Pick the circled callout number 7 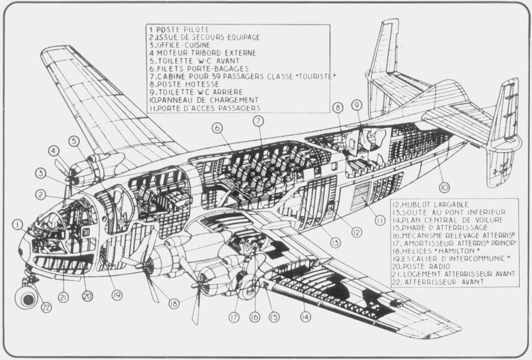coord(258,121)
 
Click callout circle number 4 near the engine coord(53,151)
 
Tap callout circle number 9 coord(356,105)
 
